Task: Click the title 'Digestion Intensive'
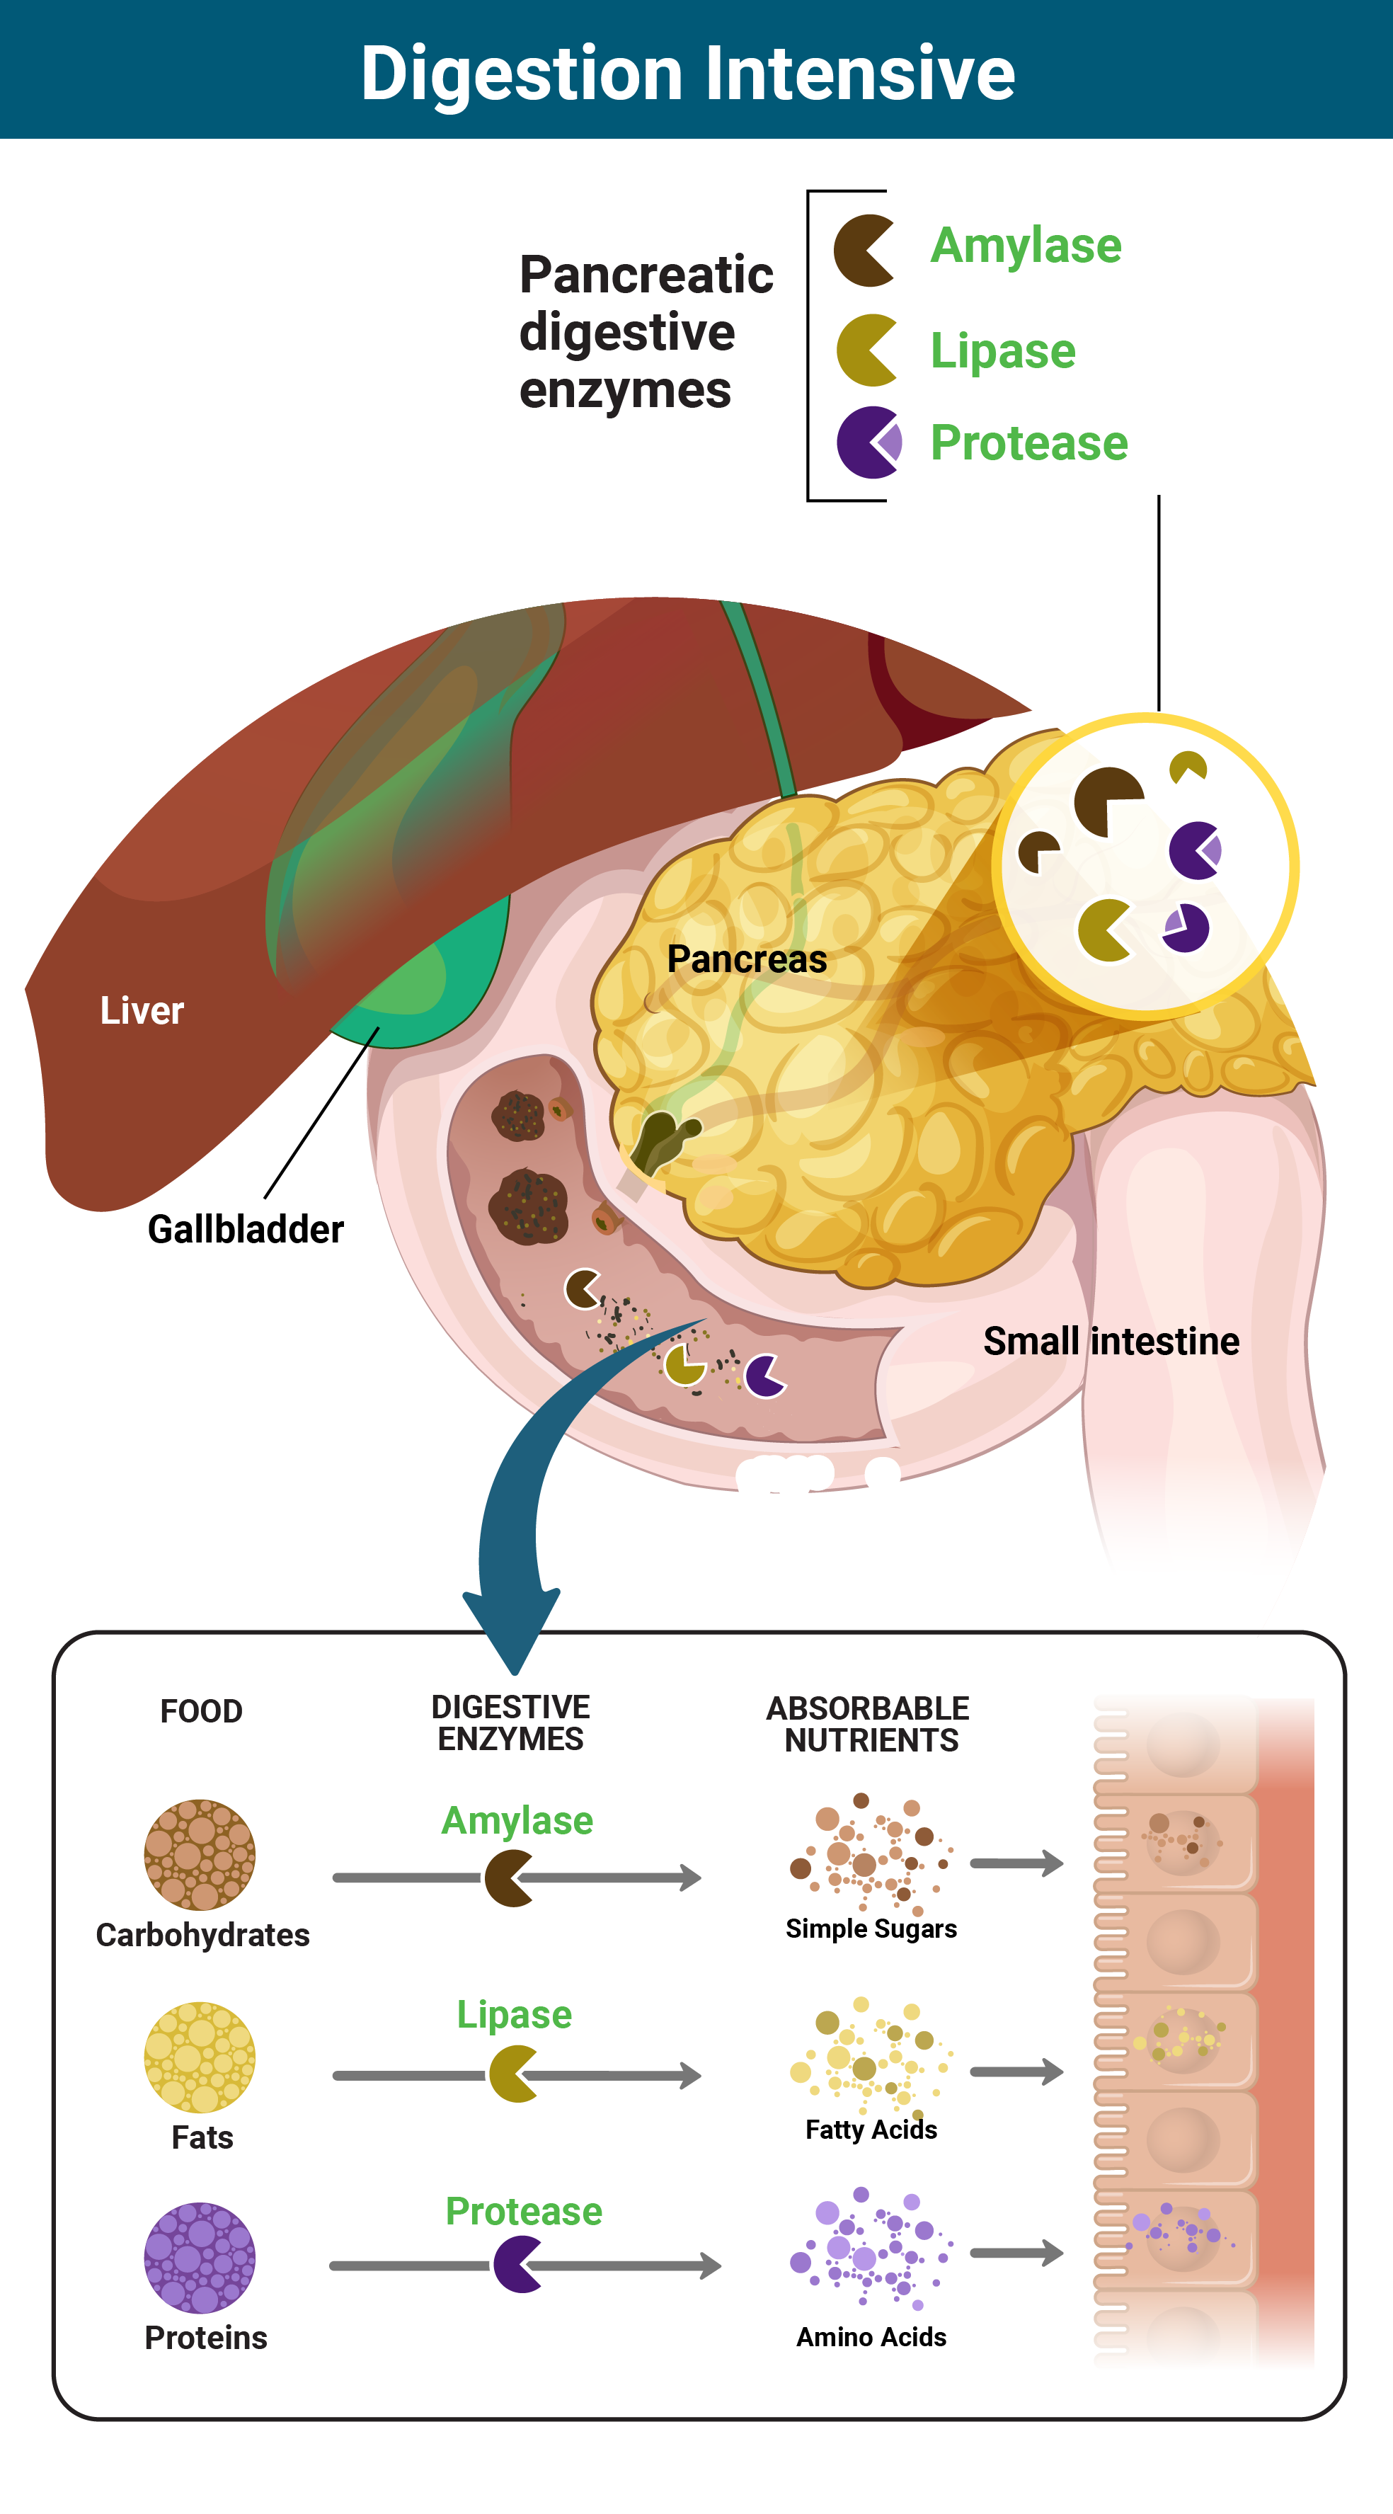pyautogui.click(x=688, y=73)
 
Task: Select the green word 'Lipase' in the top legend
pyautogui.click(x=1002, y=351)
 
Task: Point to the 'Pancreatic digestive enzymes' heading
pyautogui.click(x=645, y=332)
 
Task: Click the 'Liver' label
pyautogui.click(x=142, y=1011)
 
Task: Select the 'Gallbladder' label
pyautogui.click(x=245, y=1230)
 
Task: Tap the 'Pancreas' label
pyautogui.click(x=746, y=959)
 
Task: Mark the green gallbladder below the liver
pyautogui.click(x=420, y=995)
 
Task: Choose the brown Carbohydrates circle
pyautogui.click(x=200, y=1854)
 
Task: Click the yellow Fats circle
pyautogui.click(x=200, y=2056)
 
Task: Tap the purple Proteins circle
pyautogui.click(x=200, y=2257)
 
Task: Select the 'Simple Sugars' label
pyautogui.click(x=871, y=1929)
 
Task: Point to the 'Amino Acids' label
pyautogui.click(x=871, y=2337)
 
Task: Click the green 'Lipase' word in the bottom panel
pyautogui.click(x=514, y=2014)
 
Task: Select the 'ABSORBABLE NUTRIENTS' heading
pyautogui.click(x=869, y=1725)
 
